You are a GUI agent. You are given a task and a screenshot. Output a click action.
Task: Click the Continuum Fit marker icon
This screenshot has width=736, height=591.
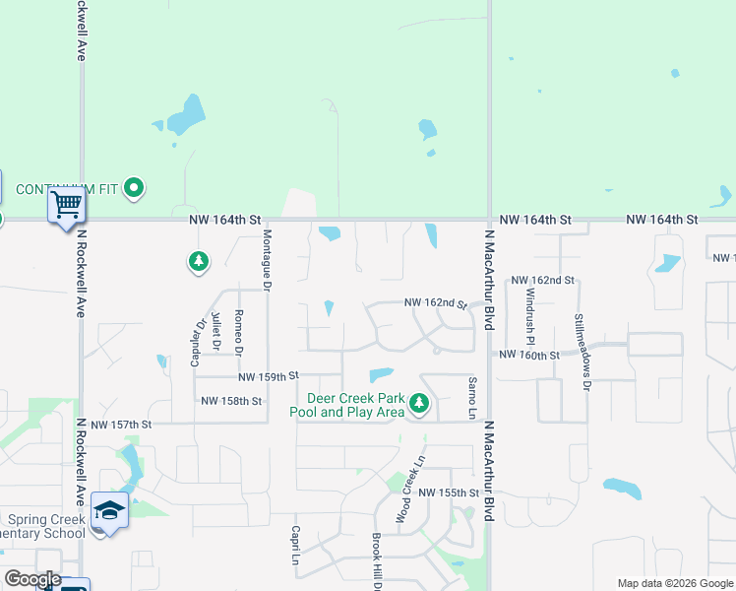pyautogui.click(x=135, y=187)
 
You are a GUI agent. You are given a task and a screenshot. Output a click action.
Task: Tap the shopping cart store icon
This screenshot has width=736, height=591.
pyautogui.click(x=67, y=206)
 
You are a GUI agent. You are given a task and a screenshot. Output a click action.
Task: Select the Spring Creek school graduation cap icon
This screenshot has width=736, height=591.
pyautogui.click(x=107, y=511)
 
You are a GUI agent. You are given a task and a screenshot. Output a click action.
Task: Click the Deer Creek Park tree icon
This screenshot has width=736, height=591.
pyautogui.click(x=419, y=403)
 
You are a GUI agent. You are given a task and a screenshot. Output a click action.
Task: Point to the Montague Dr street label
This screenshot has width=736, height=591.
pyautogui.click(x=267, y=259)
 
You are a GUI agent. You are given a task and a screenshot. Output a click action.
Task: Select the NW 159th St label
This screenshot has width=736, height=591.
pyautogui.click(x=268, y=376)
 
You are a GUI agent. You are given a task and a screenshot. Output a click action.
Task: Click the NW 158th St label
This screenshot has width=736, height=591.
pyautogui.click(x=231, y=401)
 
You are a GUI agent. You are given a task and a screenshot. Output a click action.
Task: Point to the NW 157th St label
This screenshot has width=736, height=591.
pyautogui.click(x=121, y=425)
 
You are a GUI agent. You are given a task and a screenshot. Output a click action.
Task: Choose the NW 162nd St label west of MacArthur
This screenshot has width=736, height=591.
pyautogui.click(x=434, y=303)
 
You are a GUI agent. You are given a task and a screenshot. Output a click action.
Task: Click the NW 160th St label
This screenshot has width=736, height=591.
pyautogui.click(x=529, y=355)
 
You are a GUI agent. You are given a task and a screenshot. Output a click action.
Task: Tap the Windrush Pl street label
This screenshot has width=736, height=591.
pyautogui.click(x=530, y=307)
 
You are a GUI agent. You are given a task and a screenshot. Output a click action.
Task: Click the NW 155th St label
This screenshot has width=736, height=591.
pyautogui.click(x=448, y=492)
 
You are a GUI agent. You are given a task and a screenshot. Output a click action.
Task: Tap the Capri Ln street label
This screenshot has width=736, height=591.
pyautogui.click(x=294, y=545)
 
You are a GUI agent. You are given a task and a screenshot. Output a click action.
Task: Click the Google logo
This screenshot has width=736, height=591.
pyautogui.click(x=32, y=579)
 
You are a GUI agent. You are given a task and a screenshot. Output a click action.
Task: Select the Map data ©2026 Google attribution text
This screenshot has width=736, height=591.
pyautogui.click(x=674, y=583)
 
